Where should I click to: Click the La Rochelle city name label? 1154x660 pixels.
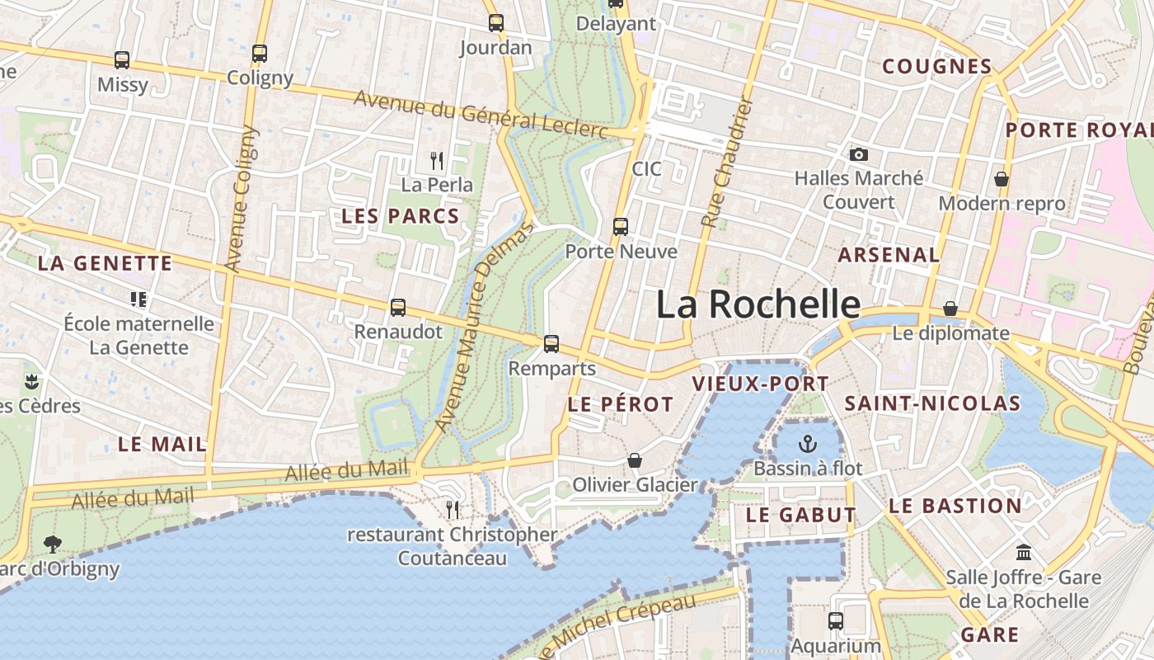(x=758, y=304)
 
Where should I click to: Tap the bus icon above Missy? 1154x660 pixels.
(x=122, y=60)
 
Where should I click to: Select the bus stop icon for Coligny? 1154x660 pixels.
(x=260, y=54)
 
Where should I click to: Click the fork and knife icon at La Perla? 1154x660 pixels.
(x=437, y=160)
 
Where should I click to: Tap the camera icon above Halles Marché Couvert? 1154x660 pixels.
(x=859, y=154)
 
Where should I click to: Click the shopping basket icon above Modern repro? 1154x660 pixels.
(x=1002, y=179)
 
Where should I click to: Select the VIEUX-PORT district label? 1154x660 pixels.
(x=760, y=384)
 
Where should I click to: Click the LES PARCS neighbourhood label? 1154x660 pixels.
(x=400, y=216)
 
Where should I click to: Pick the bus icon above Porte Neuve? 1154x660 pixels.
(x=621, y=227)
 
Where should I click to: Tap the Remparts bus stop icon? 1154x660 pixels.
(x=551, y=344)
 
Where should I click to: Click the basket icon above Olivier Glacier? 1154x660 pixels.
(x=635, y=460)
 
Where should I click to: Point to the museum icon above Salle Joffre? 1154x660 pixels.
(x=1024, y=552)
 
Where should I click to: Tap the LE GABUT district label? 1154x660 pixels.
(x=800, y=515)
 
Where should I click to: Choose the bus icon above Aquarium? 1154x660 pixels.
(x=836, y=621)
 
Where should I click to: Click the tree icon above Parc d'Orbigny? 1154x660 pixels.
(x=53, y=544)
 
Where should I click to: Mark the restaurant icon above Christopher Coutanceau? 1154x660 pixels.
(x=453, y=510)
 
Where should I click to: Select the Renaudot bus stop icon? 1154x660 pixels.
(x=398, y=308)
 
